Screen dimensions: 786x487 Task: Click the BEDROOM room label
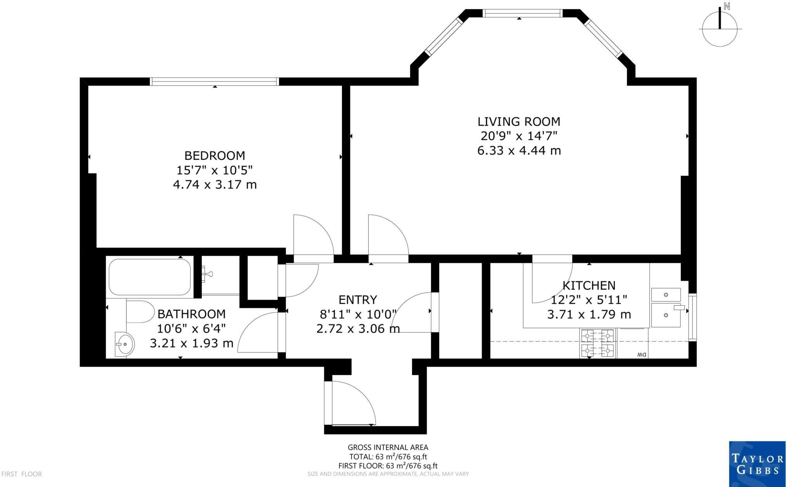coord(215,156)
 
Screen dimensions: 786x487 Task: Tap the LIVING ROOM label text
coord(519,121)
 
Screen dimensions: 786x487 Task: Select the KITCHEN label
coord(589,286)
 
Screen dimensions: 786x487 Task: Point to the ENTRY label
coord(358,300)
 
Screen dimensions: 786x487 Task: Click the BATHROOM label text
coord(191,314)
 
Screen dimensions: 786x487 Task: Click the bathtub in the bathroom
coord(150,277)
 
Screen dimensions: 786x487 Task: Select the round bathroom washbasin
coord(125,344)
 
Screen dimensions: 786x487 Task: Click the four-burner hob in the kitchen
coord(598,343)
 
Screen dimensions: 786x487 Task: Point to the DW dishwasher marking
coord(641,355)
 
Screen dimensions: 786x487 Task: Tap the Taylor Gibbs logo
coord(757,464)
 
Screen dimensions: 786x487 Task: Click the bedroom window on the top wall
coord(214,81)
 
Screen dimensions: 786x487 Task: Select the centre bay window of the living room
coord(523,13)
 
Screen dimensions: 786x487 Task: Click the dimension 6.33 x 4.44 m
coord(519,151)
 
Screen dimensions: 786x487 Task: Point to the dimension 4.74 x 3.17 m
coord(215,184)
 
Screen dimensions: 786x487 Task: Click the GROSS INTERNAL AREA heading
coord(388,447)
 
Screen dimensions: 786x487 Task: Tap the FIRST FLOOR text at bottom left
coord(22,474)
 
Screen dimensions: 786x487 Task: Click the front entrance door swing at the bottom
coord(353,403)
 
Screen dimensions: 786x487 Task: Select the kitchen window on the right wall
coord(692,317)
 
